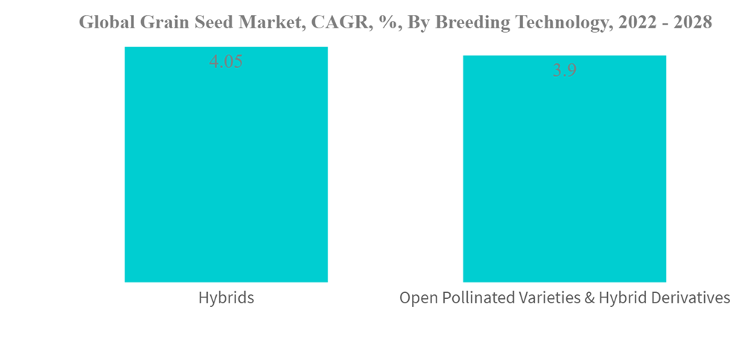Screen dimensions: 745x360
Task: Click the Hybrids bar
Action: [226, 164]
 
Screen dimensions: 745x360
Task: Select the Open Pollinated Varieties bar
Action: [565, 169]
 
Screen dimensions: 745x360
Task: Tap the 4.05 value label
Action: [226, 61]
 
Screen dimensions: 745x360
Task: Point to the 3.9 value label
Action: [565, 70]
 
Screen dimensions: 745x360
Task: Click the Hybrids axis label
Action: [226, 298]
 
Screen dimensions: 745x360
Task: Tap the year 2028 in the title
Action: [694, 22]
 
